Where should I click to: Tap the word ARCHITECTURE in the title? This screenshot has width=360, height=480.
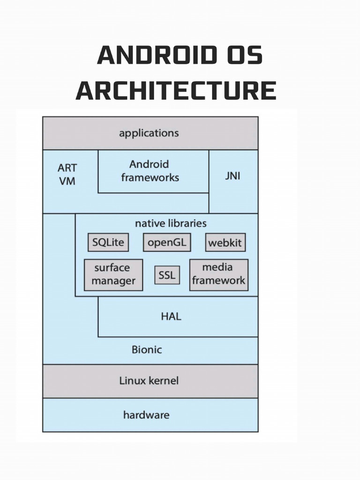[x=176, y=90]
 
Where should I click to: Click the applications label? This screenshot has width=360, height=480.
[x=149, y=133]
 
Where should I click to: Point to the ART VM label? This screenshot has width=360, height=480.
[x=67, y=174]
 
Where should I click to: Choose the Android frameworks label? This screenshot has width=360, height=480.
[x=150, y=171]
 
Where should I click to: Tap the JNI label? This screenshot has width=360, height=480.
[x=232, y=177]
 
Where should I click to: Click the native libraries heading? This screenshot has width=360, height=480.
[x=171, y=224]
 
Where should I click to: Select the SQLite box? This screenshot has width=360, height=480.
[x=108, y=242]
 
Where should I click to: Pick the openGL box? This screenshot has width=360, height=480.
[x=167, y=242]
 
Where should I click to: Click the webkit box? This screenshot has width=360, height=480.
[x=225, y=243]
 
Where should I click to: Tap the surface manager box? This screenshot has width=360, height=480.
[x=113, y=275]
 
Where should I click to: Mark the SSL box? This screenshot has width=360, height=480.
[x=167, y=275]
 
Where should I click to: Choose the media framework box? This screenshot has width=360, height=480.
[x=218, y=274]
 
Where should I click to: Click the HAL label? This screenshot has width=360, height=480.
[x=171, y=316]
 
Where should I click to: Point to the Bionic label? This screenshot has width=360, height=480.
[x=146, y=350]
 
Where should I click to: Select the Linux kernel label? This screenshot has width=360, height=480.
[x=149, y=381]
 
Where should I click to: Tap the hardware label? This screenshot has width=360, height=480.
[x=146, y=415]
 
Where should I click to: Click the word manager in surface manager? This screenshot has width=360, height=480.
[x=113, y=281]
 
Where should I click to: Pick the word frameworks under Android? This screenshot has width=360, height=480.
[x=150, y=178]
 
